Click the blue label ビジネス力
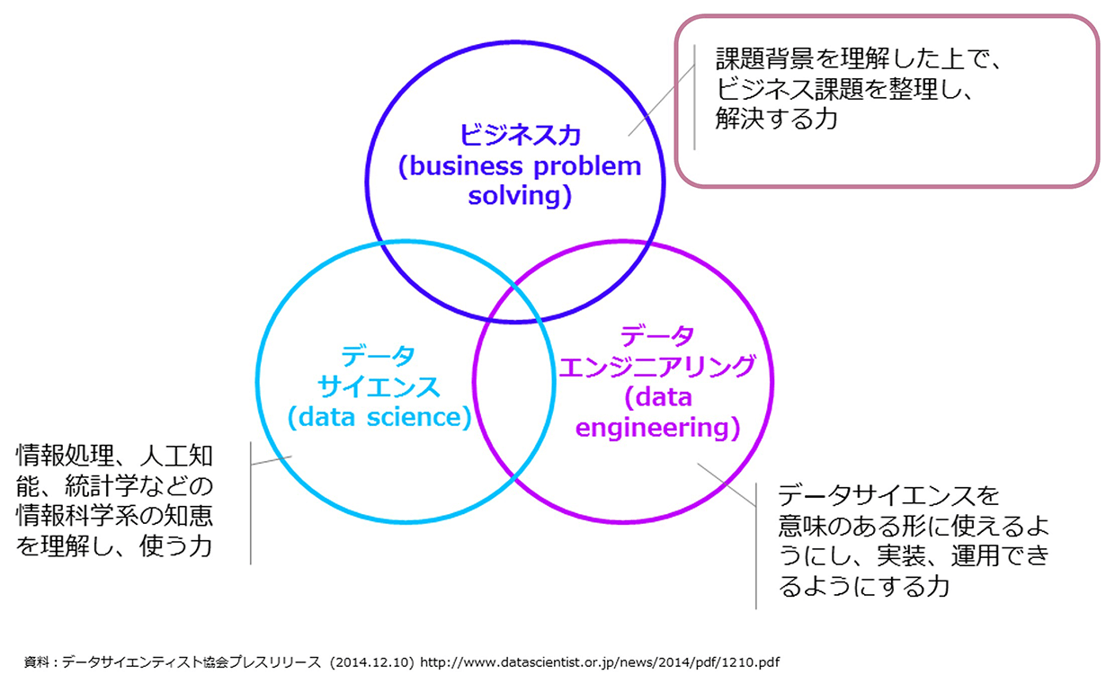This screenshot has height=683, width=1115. pos(520,135)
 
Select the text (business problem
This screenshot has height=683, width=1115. pos(520,166)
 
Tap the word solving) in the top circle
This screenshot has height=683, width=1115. pos(520,196)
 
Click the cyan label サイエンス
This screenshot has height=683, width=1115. pos(379,386)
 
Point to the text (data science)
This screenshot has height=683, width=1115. pos(379,417)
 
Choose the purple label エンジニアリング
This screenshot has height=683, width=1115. pos(657,367)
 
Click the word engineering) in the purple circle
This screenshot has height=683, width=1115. pos(657,428)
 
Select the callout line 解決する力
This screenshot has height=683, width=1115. pos(776,119)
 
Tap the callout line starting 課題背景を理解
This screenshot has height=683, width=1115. pos(858,58)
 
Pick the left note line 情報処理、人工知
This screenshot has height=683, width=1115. pos(115,455)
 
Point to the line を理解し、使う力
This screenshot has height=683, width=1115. pos(115,546)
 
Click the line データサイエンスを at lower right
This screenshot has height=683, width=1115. pos(888,495)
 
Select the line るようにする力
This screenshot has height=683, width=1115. pos(864,586)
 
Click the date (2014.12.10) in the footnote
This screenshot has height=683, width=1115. pos(371,662)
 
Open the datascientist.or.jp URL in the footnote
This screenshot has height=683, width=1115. pos(600,662)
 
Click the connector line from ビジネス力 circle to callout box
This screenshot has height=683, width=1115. pos(661,101)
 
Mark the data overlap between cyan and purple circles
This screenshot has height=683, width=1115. pos(514,381)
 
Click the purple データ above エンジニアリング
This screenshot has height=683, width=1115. pos(657,336)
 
